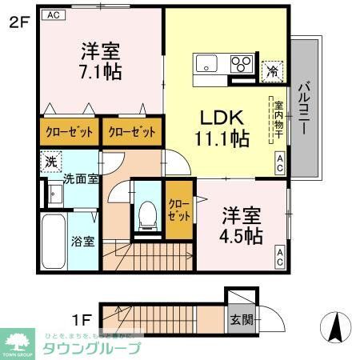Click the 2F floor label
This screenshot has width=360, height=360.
click(x=18, y=22)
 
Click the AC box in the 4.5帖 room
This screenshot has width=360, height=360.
click(x=281, y=258)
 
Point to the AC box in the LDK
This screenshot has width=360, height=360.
click(x=280, y=167)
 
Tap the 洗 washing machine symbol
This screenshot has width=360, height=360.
click(x=50, y=160)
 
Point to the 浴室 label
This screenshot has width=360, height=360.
click(x=83, y=240)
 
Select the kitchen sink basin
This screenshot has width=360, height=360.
click(x=206, y=63)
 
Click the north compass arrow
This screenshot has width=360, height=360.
click(x=337, y=326)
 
